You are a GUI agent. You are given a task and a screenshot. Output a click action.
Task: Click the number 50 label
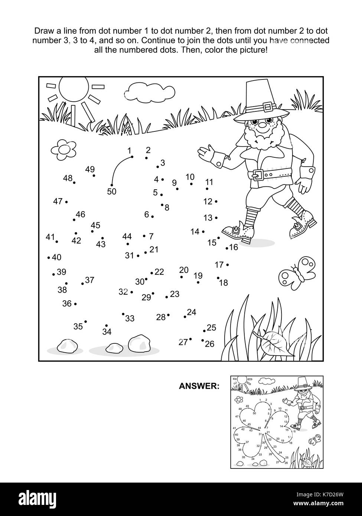pyautogui.click(x=111, y=192)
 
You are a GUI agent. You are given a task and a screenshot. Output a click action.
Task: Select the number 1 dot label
pyautogui.click(x=129, y=150)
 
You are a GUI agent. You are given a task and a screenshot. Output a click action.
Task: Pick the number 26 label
pyautogui.click(x=210, y=344)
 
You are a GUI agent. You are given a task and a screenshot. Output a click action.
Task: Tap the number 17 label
pyautogui.click(x=219, y=265)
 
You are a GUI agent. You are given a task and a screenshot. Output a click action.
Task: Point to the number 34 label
pyautogui.click(x=107, y=332)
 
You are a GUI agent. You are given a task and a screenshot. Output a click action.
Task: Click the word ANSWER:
pyautogui.click(x=199, y=386)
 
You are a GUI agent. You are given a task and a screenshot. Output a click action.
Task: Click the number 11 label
pyautogui.click(x=209, y=182)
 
